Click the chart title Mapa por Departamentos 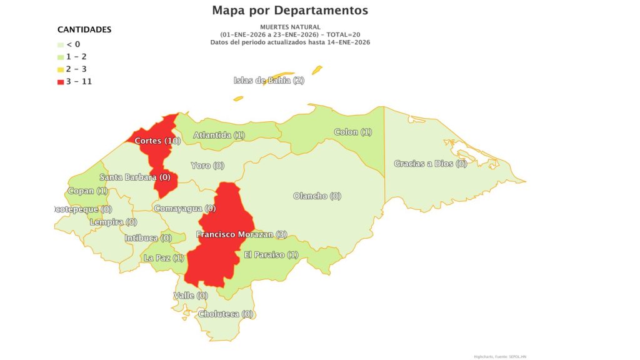click(x=290, y=11)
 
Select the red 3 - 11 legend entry click(x=74, y=82)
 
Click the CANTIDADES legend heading click(x=84, y=29)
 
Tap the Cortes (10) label click(x=157, y=141)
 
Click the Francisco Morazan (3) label click(x=241, y=235)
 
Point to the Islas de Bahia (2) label click(x=269, y=81)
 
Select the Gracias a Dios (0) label click(x=431, y=164)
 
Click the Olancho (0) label click(x=317, y=196)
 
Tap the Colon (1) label click(x=353, y=132)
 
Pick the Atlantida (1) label click(x=219, y=135)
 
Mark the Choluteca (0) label click(x=225, y=314)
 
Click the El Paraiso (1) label click(x=271, y=255)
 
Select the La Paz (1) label click(x=164, y=258)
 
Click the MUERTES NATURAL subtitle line click(x=290, y=27)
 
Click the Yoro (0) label click(x=207, y=166)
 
